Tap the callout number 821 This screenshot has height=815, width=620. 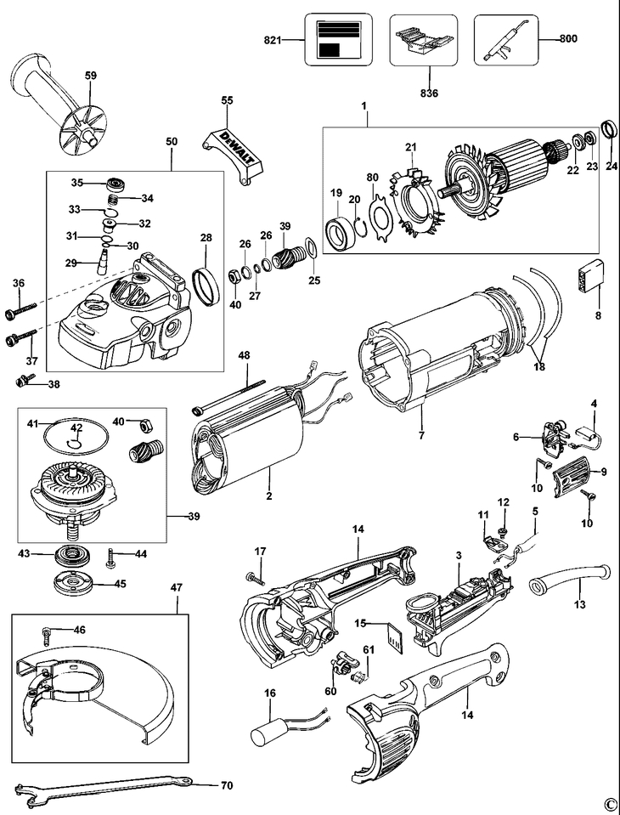point(273,40)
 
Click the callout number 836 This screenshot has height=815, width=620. point(429,93)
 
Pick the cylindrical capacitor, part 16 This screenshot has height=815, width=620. point(273,729)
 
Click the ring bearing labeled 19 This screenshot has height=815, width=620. point(341,231)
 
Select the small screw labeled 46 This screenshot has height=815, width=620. point(48,634)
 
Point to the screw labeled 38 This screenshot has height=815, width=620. point(25,382)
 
